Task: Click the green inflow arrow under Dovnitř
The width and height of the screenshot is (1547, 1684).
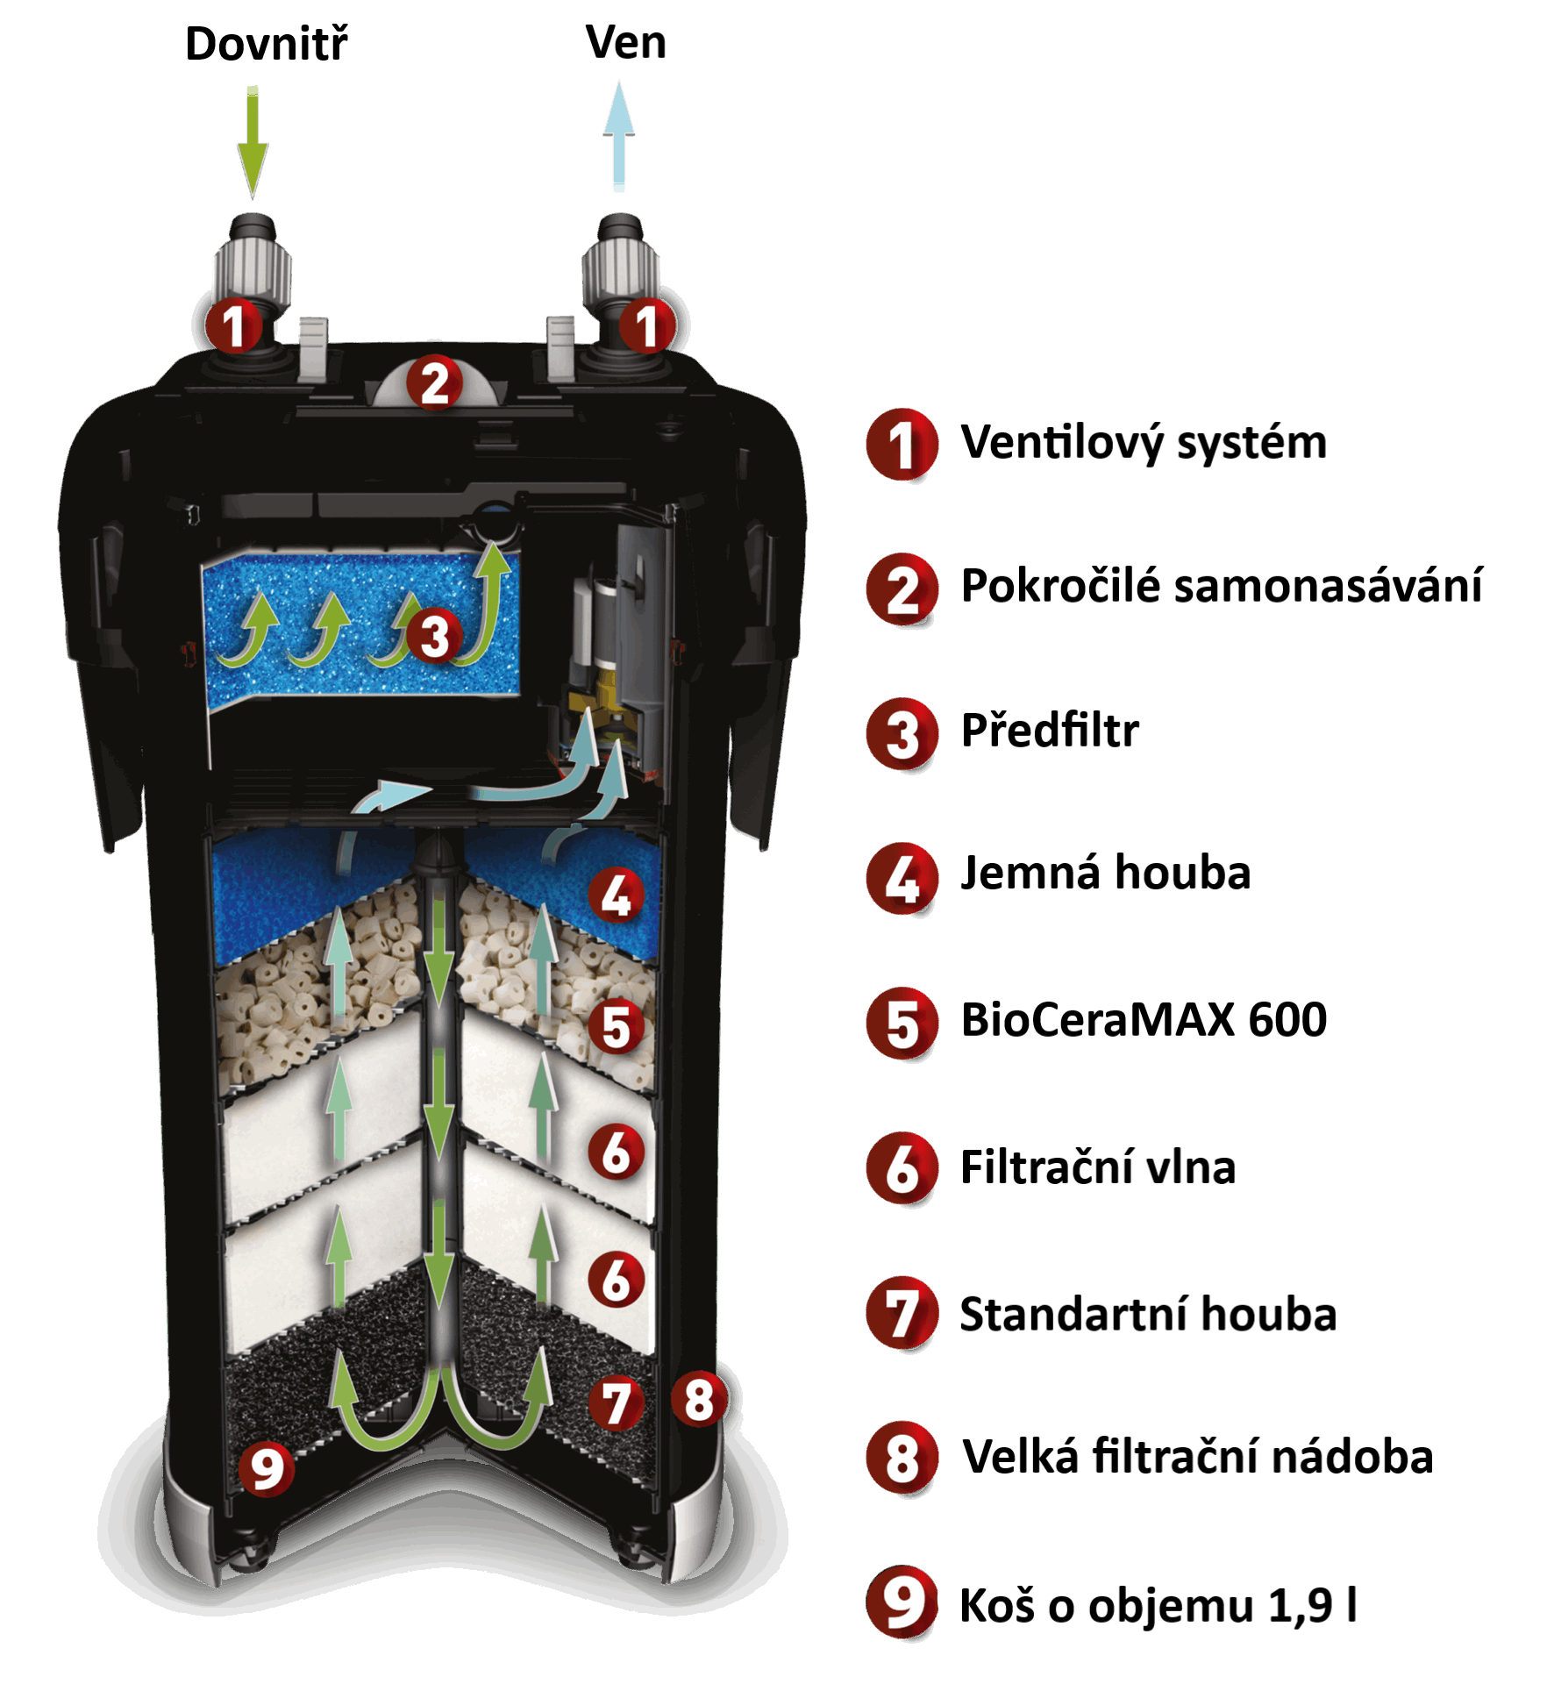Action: click(x=253, y=140)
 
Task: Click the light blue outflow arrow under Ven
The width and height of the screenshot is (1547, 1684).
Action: click(x=619, y=136)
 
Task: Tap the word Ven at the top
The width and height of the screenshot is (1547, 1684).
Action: click(x=626, y=42)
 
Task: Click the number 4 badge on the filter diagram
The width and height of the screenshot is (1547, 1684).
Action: click(x=616, y=896)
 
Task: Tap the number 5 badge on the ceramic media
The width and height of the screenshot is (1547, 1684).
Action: click(x=616, y=1026)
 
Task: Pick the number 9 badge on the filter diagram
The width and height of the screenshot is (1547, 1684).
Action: click(x=267, y=1467)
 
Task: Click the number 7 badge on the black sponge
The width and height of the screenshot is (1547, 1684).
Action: click(x=617, y=1402)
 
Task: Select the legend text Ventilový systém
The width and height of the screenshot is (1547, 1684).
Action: click(x=1144, y=442)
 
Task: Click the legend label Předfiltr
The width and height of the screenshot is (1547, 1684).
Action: click(x=1050, y=731)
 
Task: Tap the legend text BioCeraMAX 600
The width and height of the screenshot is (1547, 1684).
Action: click(x=1144, y=1020)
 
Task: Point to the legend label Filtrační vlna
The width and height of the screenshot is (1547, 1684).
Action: click(x=1098, y=1167)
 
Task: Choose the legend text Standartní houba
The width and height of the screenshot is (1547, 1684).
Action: click(x=1148, y=1315)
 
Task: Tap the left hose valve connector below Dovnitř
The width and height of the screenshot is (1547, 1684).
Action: click(x=252, y=263)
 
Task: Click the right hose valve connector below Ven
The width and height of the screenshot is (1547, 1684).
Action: click(x=620, y=263)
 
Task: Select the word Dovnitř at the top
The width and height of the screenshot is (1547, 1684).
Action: click(x=270, y=44)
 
